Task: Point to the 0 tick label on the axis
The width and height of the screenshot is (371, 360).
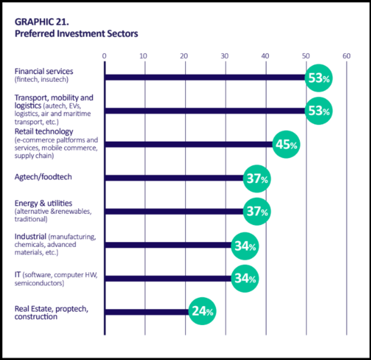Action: click(104, 56)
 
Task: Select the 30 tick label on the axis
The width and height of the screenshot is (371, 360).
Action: click(225, 56)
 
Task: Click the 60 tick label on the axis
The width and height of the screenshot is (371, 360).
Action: click(346, 56)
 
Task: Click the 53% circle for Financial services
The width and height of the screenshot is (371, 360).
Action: click(319, 78)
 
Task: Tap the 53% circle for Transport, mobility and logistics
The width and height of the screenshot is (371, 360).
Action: click(319, 111)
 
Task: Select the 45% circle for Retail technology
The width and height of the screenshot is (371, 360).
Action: click(286, 145)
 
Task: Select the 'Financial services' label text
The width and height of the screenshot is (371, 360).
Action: click(44, 71)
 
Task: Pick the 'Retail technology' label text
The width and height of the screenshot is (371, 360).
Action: click(44, 132)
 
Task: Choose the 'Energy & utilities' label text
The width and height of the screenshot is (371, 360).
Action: click(43, 203)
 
